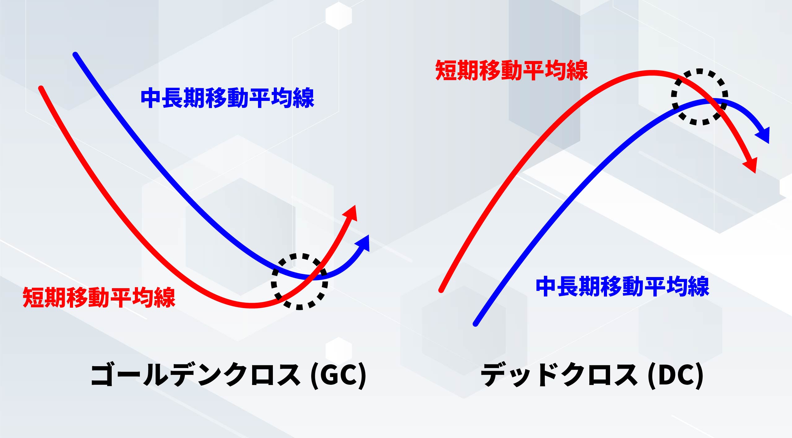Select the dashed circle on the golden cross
299,281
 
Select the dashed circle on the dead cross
699,97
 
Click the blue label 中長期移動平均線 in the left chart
227,98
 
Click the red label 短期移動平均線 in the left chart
99,297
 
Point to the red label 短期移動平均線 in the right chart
511,71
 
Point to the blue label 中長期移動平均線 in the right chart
622,287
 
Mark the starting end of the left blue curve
75,54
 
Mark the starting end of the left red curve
41,88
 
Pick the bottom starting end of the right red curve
441,290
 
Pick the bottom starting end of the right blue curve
476,324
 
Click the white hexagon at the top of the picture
339,15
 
